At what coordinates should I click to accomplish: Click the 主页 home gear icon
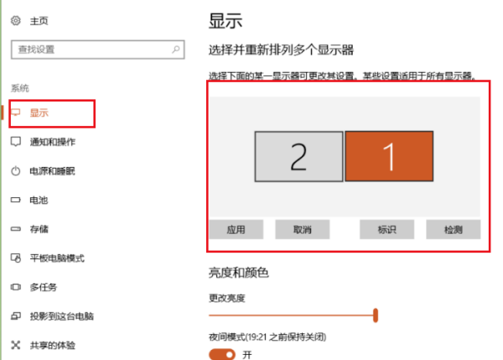click(14, 20)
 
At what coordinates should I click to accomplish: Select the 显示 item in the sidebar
click(39, 112)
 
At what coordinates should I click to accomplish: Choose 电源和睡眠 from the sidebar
click(52, 171)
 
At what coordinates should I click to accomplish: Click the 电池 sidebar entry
click(39, 201)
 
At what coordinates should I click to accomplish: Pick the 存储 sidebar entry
click(39, 229)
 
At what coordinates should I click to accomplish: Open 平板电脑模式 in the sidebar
click(57, 258)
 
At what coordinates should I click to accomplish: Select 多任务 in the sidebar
click(44, 287)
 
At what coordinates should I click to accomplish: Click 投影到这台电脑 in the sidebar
click(62, 316)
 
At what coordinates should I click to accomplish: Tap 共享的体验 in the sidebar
click(52, 345)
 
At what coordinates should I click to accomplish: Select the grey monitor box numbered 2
click(298, 156)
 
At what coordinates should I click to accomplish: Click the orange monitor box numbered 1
click(388, 156)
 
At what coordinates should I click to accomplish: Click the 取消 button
click(303, 229)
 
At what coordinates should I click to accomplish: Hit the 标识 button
click(386, 229)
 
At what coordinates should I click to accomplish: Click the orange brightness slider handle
click(376, 316)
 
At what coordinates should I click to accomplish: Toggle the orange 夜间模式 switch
click(222, 355)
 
